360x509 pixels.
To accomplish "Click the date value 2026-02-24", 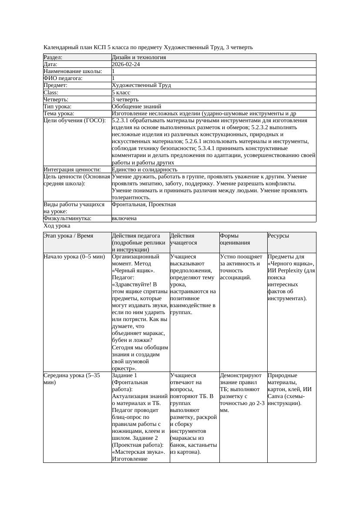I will (x=126, y=64).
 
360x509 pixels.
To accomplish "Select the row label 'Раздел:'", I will (x=53, y=57).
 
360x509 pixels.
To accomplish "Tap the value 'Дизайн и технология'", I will (x=138, y=57).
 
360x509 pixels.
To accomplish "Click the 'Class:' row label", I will (x=52, y=93).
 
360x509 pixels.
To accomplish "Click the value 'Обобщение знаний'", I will (x=136, y=107).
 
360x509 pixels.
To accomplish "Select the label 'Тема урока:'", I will (x=59, y=114).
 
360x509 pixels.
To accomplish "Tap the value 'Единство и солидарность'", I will (x=145, y=170).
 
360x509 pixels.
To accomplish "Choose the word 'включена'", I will (x=124, y=218).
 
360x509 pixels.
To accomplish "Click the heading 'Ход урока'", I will (x=57, y=226).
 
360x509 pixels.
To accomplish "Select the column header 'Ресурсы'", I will (x=278, y=236).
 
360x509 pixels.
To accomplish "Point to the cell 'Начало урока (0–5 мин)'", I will (x=74, y=257).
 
